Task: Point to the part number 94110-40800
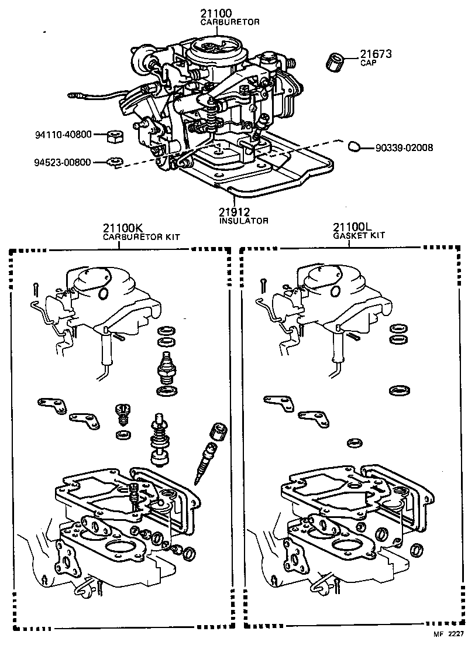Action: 61,134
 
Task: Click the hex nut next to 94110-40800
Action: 114,136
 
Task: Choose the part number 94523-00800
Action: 61,162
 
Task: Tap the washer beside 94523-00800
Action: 115,162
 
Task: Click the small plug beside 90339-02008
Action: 353,146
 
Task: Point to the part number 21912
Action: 235,211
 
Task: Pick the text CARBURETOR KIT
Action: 141,237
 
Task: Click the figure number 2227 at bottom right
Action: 456,634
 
